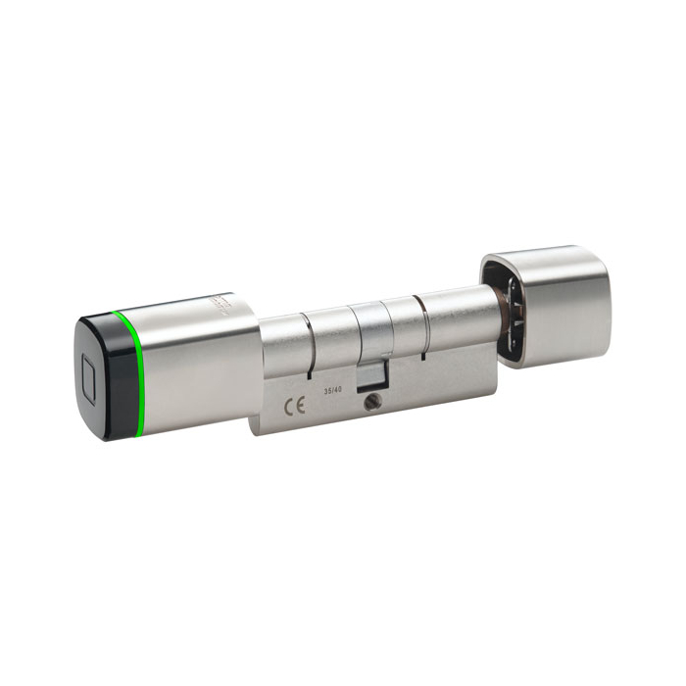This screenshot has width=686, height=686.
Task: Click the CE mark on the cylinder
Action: tap(293, 407)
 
